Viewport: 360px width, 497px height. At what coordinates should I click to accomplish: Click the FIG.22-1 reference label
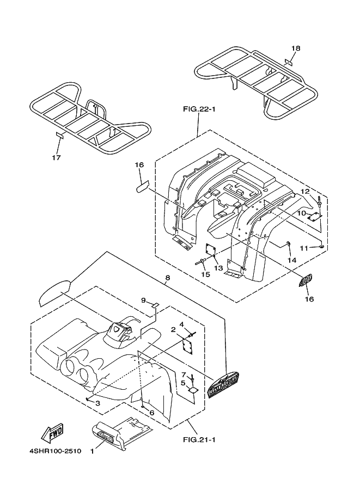click(199, 109)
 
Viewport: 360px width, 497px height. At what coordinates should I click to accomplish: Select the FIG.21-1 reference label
click(199, 439)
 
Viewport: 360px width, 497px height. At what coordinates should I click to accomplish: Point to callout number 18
click(295, 48)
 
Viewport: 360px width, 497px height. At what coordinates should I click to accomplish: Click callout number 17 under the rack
click(56, 158)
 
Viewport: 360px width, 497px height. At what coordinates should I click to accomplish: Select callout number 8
click(167, 278)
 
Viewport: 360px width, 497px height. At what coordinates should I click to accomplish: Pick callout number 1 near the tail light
click(92, 451)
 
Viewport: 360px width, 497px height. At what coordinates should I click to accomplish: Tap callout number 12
click(305, 191)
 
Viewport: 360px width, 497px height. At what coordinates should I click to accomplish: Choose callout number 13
click(218, 268)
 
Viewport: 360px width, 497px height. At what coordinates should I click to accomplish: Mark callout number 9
click(143, 300)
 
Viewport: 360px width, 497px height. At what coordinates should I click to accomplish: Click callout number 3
click(97, 403)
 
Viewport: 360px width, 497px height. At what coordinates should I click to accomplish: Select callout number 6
click(152, 413)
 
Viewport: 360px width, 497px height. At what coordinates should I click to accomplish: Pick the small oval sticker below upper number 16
click(141, 187)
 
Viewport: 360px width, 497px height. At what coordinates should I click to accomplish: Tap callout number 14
click(291, 261)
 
